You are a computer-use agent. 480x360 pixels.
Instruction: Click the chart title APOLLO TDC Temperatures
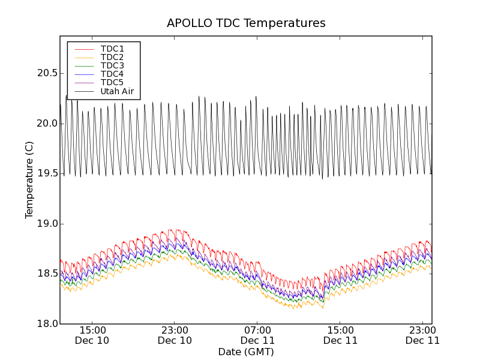pos(246,23)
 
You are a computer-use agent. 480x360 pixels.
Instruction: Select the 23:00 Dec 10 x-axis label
pos(175,335)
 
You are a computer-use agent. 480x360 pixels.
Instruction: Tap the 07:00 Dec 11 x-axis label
pos(257,335)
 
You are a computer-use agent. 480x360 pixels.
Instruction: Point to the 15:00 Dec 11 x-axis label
pos(340,335)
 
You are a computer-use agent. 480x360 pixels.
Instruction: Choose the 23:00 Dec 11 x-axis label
pos(422,335)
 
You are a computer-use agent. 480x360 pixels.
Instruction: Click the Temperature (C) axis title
pos(29,180)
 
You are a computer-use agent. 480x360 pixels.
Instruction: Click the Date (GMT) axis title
pos(246,352)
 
